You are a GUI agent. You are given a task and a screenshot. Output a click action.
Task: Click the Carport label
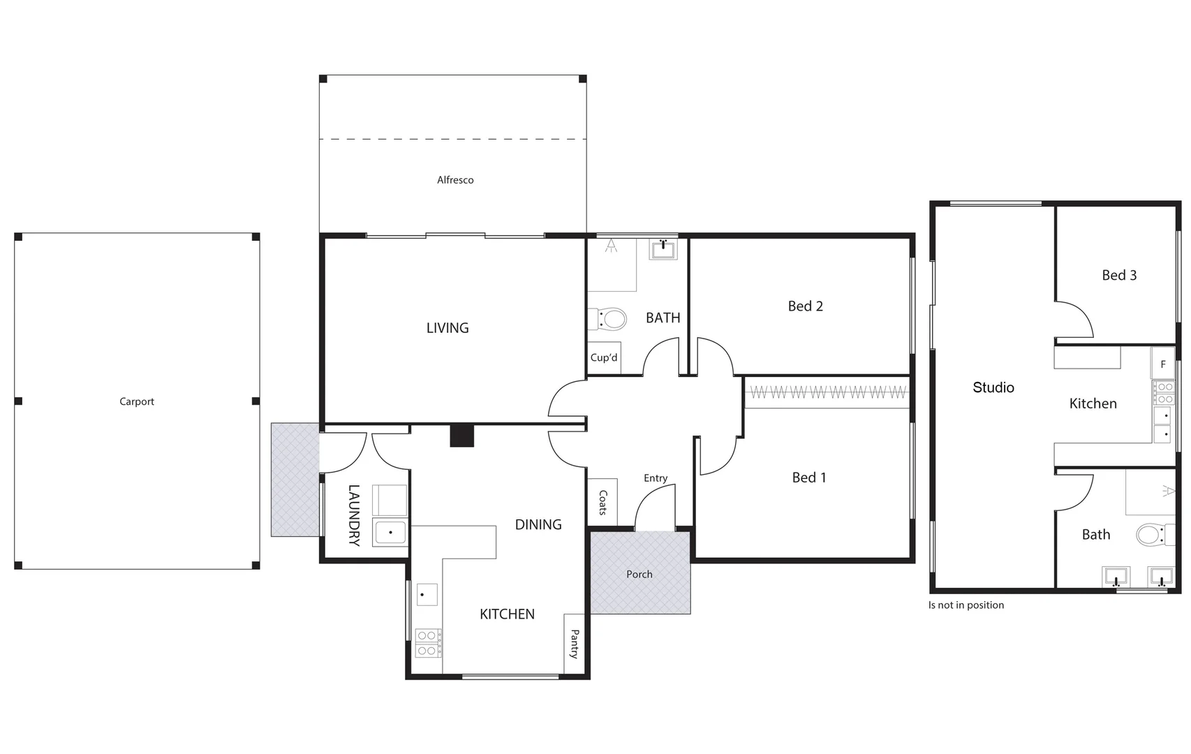click(x=137, y=401)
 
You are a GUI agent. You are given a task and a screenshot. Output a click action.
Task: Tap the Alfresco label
click(x=455, y=180)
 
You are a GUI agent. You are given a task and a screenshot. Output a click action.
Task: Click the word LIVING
click(x=447, y=328)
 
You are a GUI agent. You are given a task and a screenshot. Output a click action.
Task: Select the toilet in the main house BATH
click(x=609, y=320)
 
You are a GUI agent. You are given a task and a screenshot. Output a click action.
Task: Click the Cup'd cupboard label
click(x=604, y=358)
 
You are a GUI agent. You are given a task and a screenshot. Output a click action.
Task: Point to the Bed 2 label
click(x=805, y=306)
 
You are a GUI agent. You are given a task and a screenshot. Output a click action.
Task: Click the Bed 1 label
click(x=809, y=478)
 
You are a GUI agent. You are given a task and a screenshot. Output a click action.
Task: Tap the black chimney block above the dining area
click(x=461, y=436)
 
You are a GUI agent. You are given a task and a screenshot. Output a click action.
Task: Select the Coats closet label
click(x=602, y=502)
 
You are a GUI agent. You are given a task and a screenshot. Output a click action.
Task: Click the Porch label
click(x=639, y=575)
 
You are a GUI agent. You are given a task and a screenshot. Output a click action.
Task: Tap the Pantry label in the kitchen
click(x=575, y=644)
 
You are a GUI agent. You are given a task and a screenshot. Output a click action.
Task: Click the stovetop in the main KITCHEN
click(x=428, y=643)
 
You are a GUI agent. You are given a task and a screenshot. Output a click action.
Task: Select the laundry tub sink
click(x=390, y=533)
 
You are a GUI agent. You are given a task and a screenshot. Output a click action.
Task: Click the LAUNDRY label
click(x=354, y=515)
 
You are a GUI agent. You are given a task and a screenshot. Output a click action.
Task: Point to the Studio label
click(x=993, y=387)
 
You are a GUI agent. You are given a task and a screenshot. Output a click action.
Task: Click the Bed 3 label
click(x=1119, y=276)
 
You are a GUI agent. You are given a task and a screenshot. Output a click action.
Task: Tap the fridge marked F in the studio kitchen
click(x=1163, y=364)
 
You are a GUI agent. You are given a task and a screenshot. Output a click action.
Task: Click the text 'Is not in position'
click(x=966, y=605)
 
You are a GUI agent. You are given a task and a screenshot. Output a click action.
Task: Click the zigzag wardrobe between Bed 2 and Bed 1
click(x=827, y=393)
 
